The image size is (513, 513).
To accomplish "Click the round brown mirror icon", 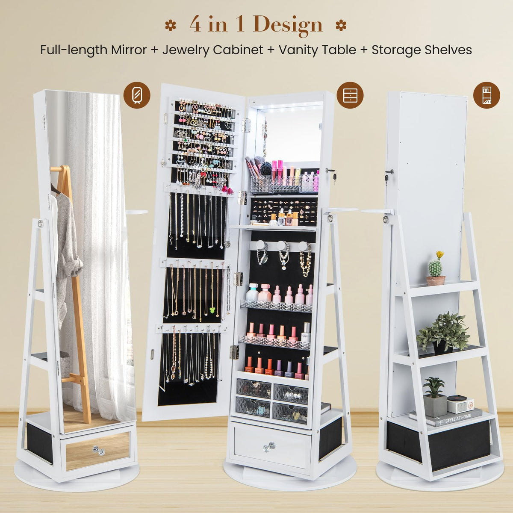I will pyautogui.click(x=137, y=94).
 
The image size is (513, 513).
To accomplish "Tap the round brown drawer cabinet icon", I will pyautogui.click(x=350, y=94).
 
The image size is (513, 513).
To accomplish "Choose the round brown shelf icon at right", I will pyautogui.click(x=486, y=94).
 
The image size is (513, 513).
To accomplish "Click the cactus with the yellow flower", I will pyautogui.click(x=436, y=269).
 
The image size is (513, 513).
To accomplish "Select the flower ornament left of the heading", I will pyautogui.click(x=171, y=25).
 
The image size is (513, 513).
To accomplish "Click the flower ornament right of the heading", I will pyautogui.click(x=341, y=25).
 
